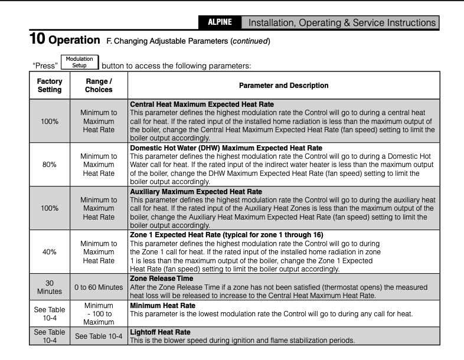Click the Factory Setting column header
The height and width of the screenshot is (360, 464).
tap(50, 86)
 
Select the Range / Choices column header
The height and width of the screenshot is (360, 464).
tap(99, 86)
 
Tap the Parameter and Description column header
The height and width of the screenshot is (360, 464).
tap(283, 86)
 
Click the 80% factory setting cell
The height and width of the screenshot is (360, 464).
tap(50, 165)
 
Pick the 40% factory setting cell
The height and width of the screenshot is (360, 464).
tap(50, 251)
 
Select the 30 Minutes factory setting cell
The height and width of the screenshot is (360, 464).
tap(50, 287)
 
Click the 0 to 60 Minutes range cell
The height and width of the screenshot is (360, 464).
tap(99, 287)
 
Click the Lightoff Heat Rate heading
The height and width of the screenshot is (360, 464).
tap(156, 333)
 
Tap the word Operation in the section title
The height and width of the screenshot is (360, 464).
tap(74, 41)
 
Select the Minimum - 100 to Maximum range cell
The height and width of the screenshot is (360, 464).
tap(99, 315)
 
